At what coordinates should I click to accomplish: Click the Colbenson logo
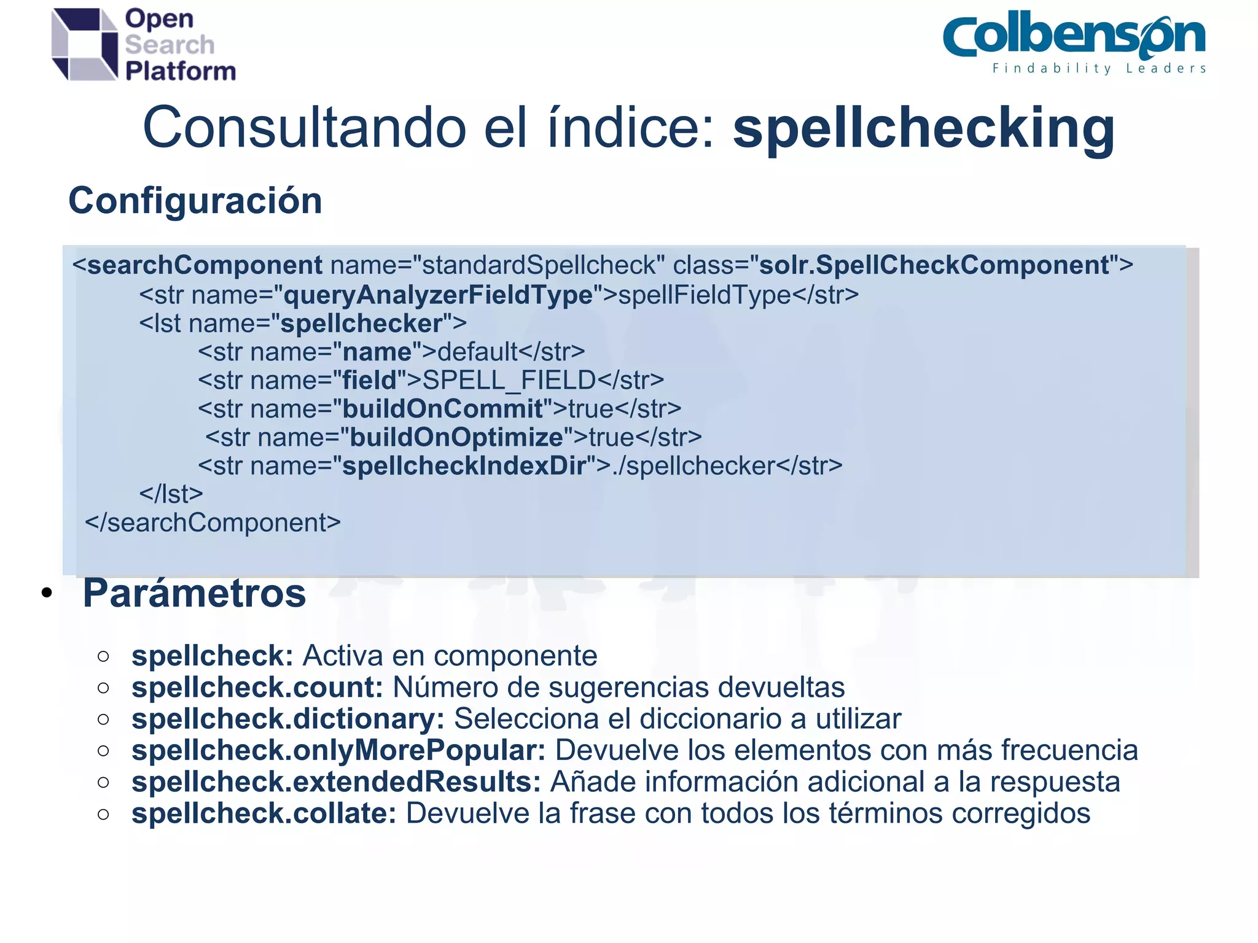1073,37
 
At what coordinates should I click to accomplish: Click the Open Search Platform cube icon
84,44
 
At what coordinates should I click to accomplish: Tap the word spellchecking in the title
923,128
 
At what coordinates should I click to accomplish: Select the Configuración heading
195,201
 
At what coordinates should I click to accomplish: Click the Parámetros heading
194,594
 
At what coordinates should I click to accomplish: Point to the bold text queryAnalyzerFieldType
437,295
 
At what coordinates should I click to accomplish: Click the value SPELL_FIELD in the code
509,381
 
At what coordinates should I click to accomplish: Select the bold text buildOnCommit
442,409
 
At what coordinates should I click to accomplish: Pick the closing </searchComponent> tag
213,523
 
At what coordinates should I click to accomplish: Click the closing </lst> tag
171,494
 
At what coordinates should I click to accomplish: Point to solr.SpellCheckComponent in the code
934,266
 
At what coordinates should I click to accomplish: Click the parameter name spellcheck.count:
257,688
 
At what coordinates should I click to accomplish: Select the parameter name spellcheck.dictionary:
287,719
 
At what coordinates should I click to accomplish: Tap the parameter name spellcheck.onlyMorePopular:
338,750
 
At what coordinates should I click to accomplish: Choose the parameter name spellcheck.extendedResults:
336,782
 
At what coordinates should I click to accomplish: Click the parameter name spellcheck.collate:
264,813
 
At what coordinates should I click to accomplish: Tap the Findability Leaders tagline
1099,69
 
